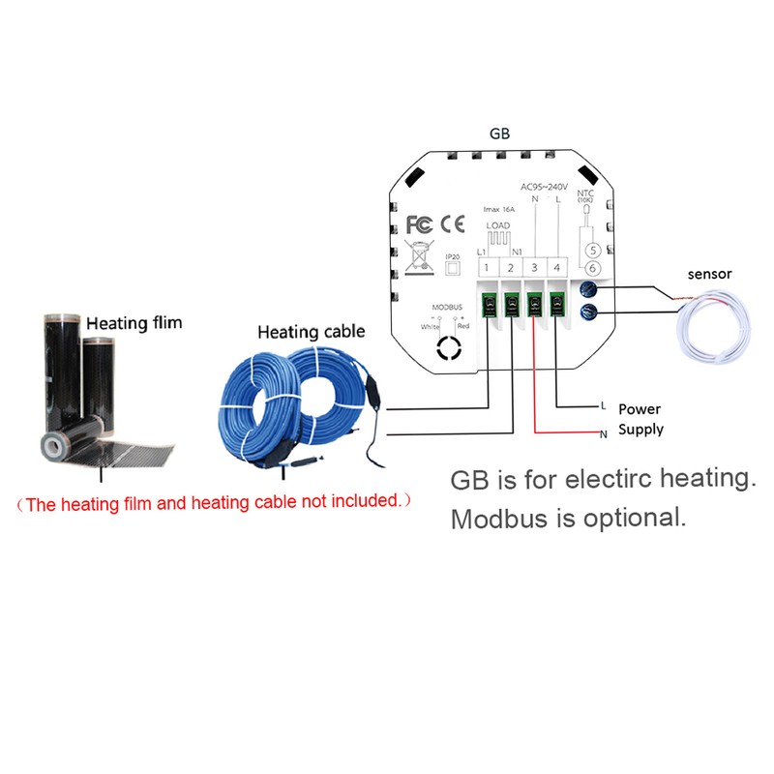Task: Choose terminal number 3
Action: pyautogui.click(x=534, y=267)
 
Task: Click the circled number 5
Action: pyautogui.click(x=593, y=249)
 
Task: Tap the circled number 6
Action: pyautogui.click(x=593, y=268)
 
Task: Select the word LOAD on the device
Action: pyautogui.click(x=498, y=225)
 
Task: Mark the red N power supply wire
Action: pyautogui.click(x=534, y=387)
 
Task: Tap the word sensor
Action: pyautogui.click(x=709, y=274)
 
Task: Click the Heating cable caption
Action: pyautogui.click(x=311, y=332)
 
